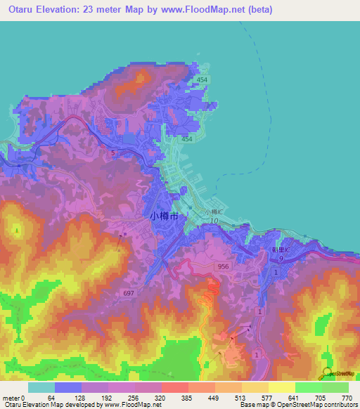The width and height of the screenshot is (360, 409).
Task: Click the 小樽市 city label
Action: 167,217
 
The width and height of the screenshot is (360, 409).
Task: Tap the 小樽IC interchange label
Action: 214,212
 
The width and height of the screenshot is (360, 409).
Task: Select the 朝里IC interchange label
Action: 279,249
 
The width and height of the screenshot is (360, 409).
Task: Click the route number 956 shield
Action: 223,266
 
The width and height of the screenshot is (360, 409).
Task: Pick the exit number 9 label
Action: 279,259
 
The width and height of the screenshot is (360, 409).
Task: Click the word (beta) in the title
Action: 258,10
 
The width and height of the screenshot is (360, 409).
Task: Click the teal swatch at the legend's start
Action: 41,387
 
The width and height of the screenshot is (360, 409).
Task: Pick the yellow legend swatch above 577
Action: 255,387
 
